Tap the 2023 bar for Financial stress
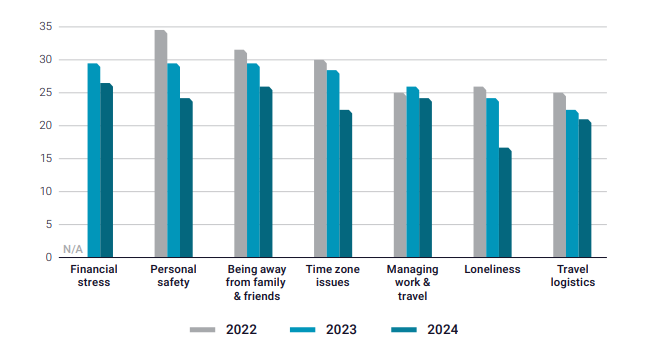click(x=93, y=160)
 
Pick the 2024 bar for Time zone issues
click(x=345, y=184)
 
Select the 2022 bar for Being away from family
click(x=240, y=154)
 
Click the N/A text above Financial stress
click(x=73, y=248)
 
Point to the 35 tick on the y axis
click(x=45, y=27)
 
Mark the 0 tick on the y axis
click(x=48, y=258)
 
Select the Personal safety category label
click(x=173, y=276)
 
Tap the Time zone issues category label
click(x=333, y=276)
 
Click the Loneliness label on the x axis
click(x=492, y=269)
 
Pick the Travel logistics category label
click(x=572, y=276)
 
